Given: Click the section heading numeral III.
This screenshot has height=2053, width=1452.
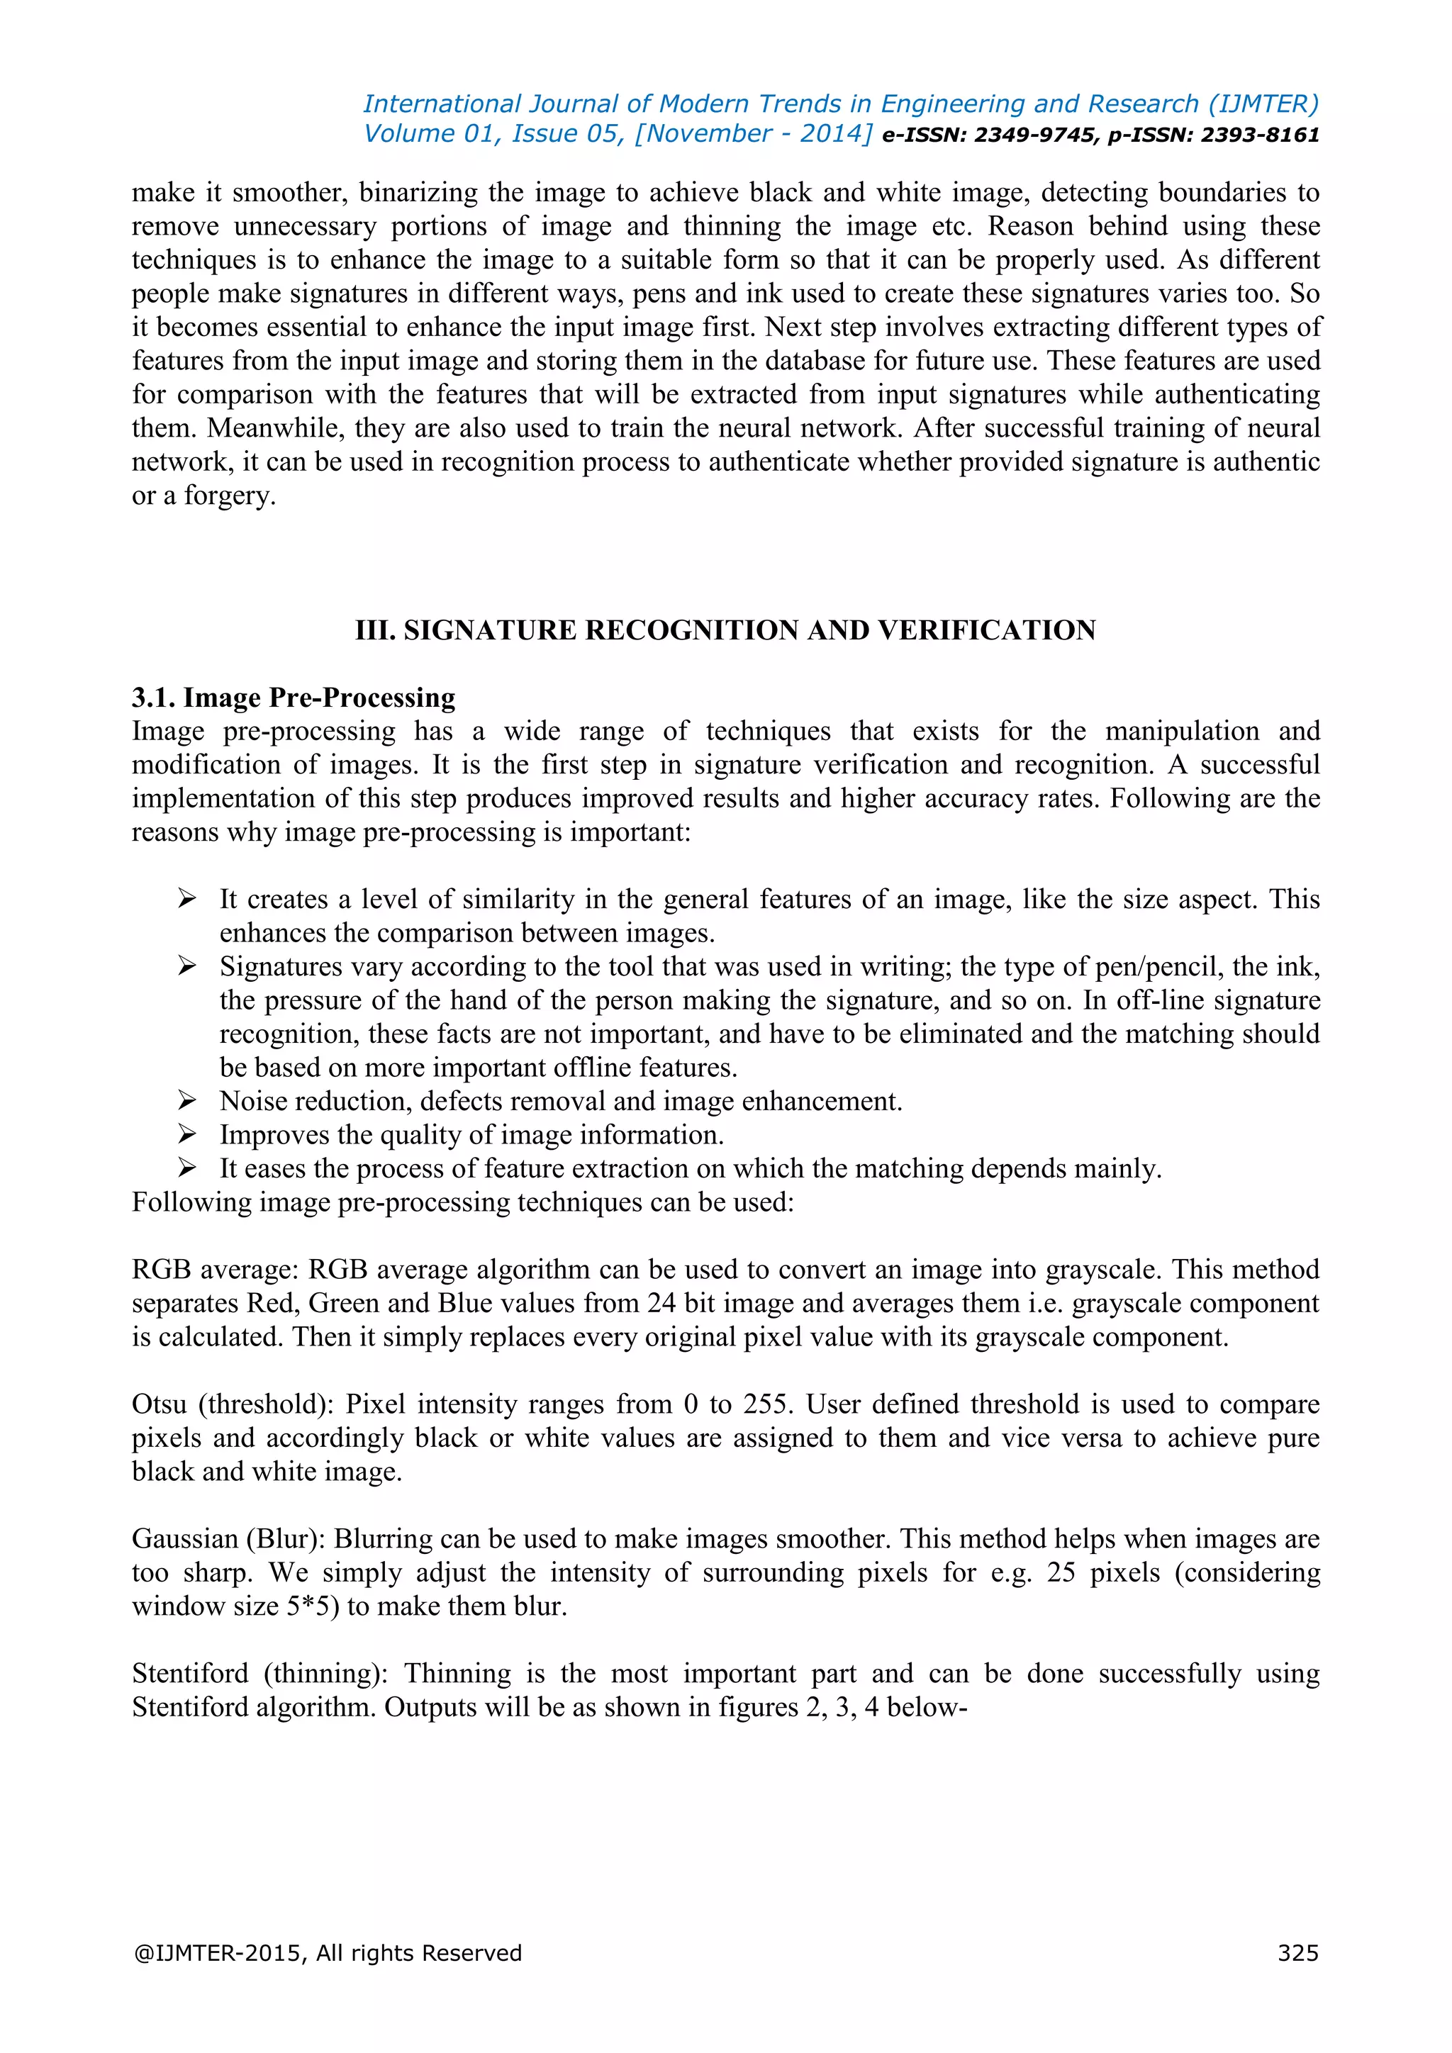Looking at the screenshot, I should coord(374,630).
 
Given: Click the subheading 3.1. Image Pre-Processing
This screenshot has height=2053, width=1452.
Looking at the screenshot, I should coord(294,698).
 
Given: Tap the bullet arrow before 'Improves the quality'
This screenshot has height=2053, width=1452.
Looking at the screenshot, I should coord(187,1134).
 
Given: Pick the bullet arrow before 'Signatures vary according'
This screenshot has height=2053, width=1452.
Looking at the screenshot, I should coord(187,966).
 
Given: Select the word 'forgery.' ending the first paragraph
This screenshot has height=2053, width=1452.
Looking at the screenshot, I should coord(230,496).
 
